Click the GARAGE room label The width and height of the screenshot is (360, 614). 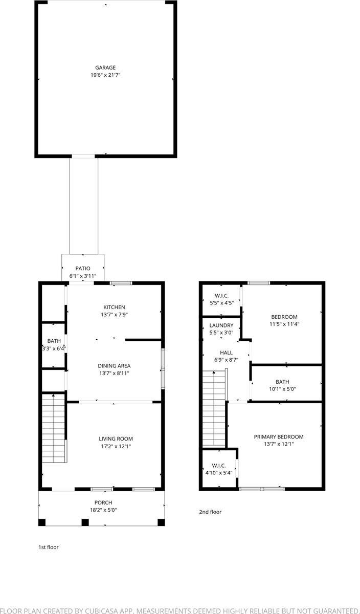(x=105, y=68)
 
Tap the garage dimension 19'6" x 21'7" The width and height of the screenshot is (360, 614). (x=105, y=75)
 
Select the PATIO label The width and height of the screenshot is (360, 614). (x=83, y=269)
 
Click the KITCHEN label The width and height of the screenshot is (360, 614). (x=114, y=307)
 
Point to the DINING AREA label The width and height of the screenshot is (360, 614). (x=114, y=366)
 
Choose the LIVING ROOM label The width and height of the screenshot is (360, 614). (x=116, y=438)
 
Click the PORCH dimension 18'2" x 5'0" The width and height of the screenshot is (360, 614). (x=103, y=510)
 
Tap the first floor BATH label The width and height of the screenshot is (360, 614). (x=54, y=341)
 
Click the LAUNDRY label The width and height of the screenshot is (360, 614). (x=221, y=325)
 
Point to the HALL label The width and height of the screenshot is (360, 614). (x=226, y=353)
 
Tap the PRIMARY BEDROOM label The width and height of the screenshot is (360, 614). (x=279, y=437)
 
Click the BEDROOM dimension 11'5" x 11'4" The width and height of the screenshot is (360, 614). (x=284, y=324)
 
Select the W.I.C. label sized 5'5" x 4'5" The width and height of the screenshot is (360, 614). (x=221, y=296)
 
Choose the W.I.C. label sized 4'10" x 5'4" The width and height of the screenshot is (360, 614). (x=218, y=466)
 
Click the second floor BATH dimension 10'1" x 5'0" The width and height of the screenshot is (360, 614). (x=282, y=389)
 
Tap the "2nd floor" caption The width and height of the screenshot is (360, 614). (x=210, y=512)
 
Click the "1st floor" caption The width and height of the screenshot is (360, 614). (x=49, y=547)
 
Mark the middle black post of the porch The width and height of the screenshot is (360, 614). (x=85, y=522)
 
